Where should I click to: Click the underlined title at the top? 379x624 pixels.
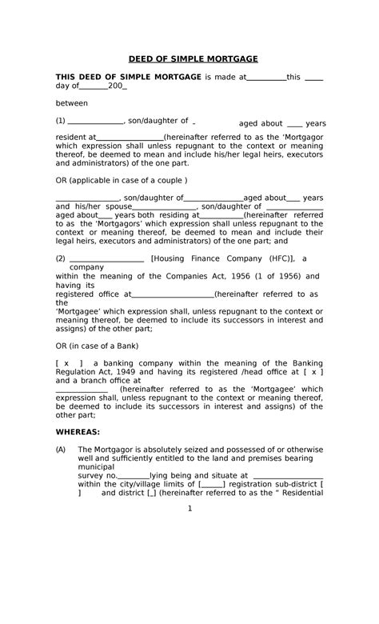click(x=189, y=59)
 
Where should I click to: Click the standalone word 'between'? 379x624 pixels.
click(x=71, y=103)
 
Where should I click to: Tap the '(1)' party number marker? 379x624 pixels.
click(x=60, y=122)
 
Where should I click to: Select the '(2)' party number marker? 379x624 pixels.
click(x=60, y=258)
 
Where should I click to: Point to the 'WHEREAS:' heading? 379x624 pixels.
click(x=78, y=431)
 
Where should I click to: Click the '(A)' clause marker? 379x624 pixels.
click(x=60, y=450)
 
